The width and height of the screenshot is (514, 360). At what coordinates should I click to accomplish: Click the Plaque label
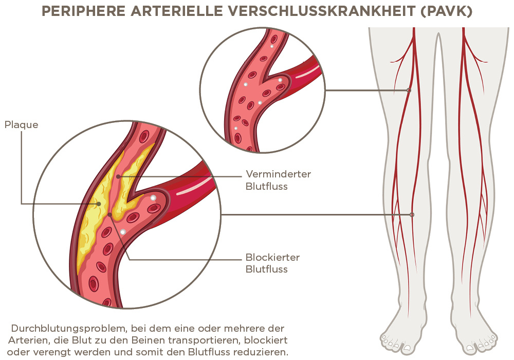pyautogui.click(x=21, y=125)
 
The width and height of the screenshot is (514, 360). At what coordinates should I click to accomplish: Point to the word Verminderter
pyautogui.click(x=278, y=174)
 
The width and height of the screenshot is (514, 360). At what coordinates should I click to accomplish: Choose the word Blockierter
pyautogui.click(x=272, y=257)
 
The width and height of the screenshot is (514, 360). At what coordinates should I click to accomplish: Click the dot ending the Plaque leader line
pyautogui.click(x=98, y=204)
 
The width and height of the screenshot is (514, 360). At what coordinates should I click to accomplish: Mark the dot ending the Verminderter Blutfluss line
pyautogui.click(x=118, y=176)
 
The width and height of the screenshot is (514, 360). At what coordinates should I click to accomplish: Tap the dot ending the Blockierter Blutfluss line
pyautogui.click(x=109, y=214)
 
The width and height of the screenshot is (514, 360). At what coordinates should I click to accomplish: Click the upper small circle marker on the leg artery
pyautogui.click(x=409, y=91)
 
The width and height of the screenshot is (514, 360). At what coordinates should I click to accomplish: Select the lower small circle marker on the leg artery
pyautogui.click(x=412, y=214)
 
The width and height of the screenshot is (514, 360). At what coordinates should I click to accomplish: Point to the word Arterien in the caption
pyautogui.click(x=26, y=340)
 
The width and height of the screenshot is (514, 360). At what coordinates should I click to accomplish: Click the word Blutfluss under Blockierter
pyautogui.click(x=266, y=269)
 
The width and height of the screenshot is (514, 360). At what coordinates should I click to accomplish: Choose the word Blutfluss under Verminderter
pyautogui.click(x=266, y=187)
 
